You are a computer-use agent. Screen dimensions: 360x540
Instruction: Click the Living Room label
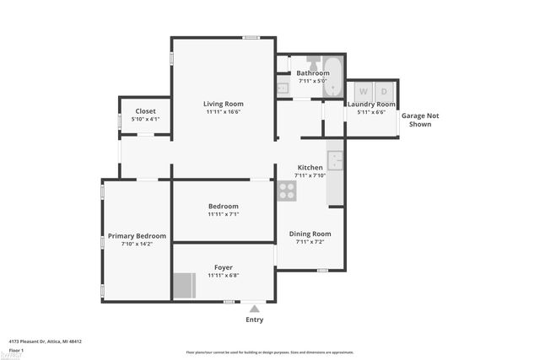pos(224,104)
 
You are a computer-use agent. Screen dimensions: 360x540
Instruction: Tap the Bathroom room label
pos(312,73)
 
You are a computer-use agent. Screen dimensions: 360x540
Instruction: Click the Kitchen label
pos(309,167)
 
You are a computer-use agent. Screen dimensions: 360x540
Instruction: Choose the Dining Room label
pos(310,234)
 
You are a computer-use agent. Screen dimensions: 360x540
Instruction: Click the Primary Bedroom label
pos(137,236)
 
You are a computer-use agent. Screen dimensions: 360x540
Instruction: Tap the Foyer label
pos(223,267)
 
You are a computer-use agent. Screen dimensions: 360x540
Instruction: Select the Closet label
pos(145,111)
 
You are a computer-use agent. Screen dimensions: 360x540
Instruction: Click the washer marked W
pos(364,91)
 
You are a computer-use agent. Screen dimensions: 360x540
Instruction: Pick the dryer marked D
pos(384,91)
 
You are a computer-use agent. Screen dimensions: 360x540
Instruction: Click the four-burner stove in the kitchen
pos(287,191)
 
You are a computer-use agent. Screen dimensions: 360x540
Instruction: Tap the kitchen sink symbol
pos(335,160)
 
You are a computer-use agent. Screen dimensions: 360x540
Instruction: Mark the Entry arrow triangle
pos(254,309)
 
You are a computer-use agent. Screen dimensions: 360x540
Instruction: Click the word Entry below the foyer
pos(254,320)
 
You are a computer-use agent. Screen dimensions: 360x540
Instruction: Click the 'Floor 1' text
pos(15,349)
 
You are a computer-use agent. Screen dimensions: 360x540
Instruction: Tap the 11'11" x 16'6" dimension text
pos(224,112)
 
